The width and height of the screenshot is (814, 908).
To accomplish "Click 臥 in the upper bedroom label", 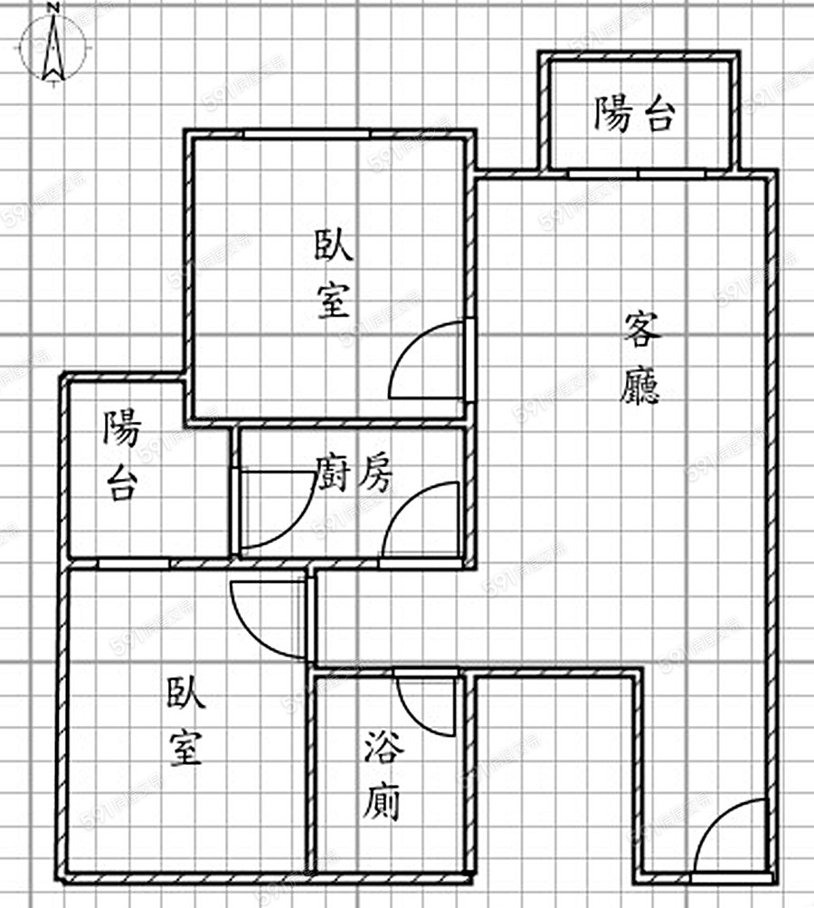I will pos(334,245).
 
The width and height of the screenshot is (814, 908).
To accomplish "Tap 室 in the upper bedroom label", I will pos(334,299).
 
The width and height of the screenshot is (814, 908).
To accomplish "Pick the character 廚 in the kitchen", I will pos(333,473).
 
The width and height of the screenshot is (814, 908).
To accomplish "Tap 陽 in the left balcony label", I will pos(121,429).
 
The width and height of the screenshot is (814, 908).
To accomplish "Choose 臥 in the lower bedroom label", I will pos(185,694).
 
